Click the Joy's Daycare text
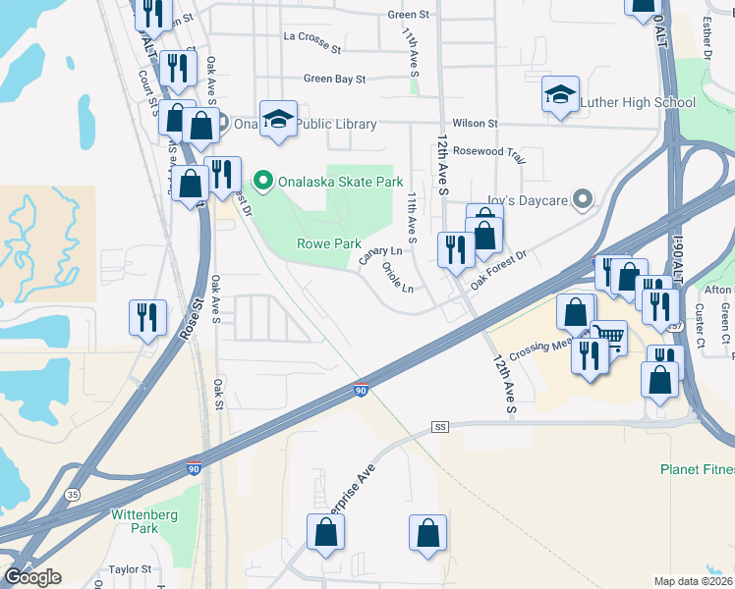click(528, 201)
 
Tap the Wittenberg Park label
click(135, 521)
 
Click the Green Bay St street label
click(334, 79)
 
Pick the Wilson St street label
click(476, 124)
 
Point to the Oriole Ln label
click(396, 279)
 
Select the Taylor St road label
click(130, 569)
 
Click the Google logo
click(32, 577)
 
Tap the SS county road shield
click(439, 427)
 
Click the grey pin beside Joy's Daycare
click(583, 200)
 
